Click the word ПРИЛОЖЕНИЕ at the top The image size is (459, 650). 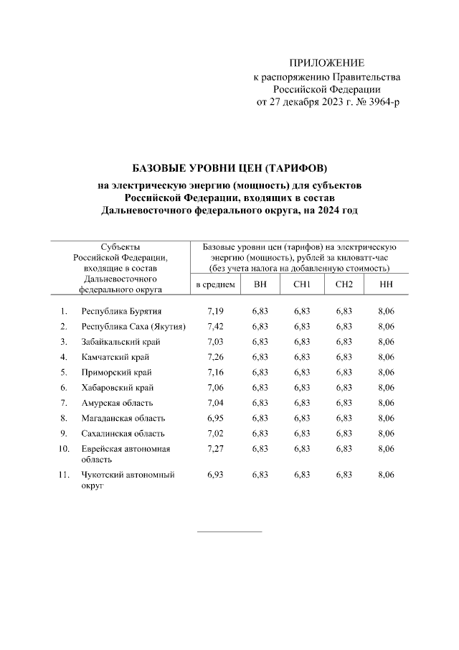[x=326, y=63]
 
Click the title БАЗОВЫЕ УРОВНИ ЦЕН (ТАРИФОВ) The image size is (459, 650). [x=229, y=168]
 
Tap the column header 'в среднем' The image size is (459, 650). [x=215, y=285]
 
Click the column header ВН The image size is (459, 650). [x=260, y=285]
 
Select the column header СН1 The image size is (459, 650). [x=302, y=285]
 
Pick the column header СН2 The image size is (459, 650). [x=344, y=285]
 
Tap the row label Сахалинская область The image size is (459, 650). [x=123, y=433]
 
